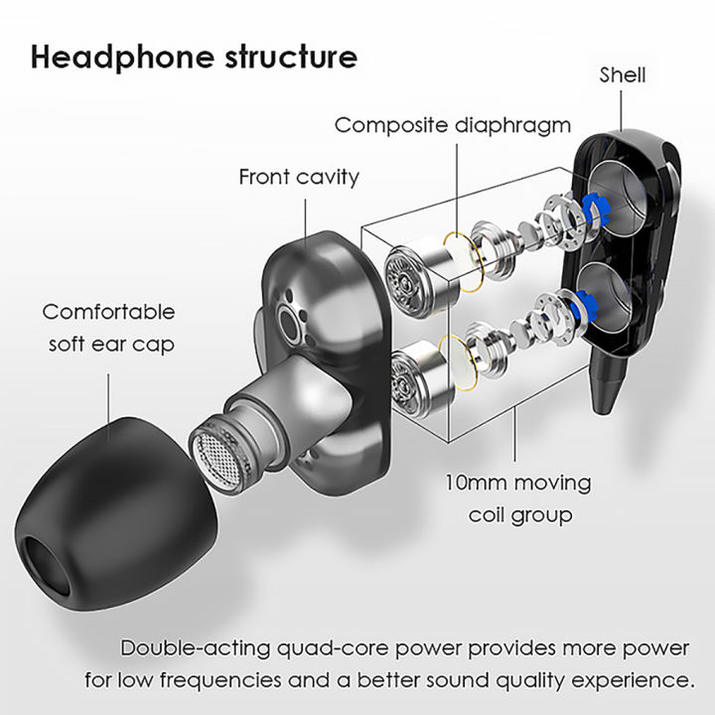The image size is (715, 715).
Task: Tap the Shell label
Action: (623, 74)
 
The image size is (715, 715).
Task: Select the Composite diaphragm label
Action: (452, 126)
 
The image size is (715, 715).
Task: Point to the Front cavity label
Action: (299, 178)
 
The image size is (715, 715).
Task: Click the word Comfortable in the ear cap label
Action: (108, 312)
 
